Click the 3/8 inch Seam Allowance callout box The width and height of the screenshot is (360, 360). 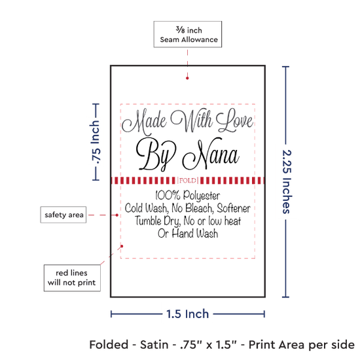(188, 34)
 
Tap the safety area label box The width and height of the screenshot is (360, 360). (63, 215)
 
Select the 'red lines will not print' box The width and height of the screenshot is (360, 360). (72, 278)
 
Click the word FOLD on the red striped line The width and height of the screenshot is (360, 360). (188, 181)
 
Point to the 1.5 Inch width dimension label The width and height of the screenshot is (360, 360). (188, 314)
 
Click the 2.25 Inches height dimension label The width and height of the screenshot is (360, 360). (287, 182)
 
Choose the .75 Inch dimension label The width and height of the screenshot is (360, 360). (96, 142)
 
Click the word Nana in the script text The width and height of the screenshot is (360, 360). (211, 154)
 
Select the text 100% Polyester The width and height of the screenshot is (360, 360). (188, 196)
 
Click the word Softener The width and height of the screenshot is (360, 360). (234, 208)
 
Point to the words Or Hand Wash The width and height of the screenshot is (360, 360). (188, 234)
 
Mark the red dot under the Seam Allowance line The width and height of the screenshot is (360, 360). (187, 78)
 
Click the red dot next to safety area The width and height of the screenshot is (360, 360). (117, 215)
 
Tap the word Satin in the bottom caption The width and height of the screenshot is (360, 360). (154, 345)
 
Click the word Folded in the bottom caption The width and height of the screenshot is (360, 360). (109, 345)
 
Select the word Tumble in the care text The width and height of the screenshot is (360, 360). (148, 221)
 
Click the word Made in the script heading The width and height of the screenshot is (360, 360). (144, 122)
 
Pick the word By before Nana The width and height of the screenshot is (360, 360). (156, 154)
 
